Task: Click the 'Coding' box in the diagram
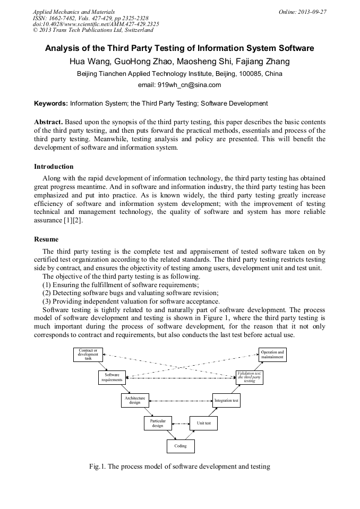(x=181, y=446)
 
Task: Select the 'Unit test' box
(x=204, y=423)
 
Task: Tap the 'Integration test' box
(x=226, y=400)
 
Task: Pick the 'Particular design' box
(x=158, y=423)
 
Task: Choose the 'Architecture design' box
(x=135, y=400)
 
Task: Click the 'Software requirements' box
(x=112, y=377)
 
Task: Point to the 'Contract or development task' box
(x=88, y=355)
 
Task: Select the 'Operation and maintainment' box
(x=272, y=355)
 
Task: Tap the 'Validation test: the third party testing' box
(x=250, y=377)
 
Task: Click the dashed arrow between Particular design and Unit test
(x=181, y=424)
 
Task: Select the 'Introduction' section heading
(x=54, y=166)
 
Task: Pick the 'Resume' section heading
(x=46, y=239)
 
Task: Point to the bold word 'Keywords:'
(x=51, y=103)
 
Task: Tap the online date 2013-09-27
(x=313, y=11)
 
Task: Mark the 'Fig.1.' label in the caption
(x=99, y=467)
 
